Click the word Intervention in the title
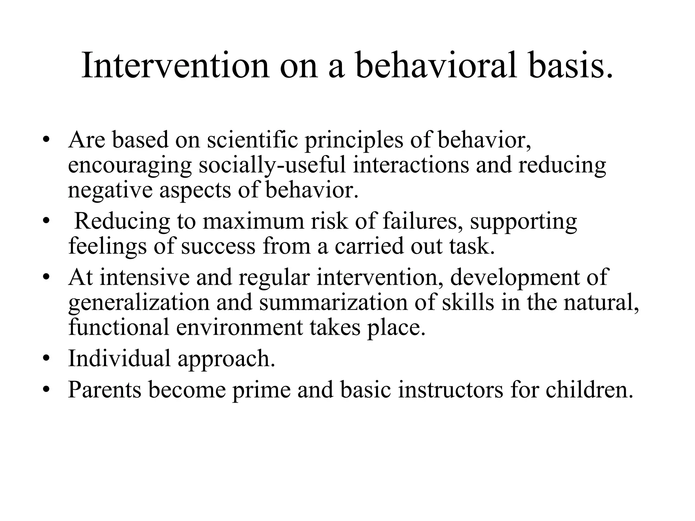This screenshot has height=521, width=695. point(175,65)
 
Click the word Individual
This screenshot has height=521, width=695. point(119,359)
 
